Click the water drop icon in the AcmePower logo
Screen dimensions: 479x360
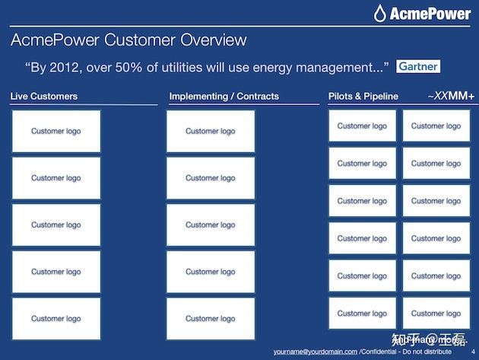pyautogui.click(x=379, y=13)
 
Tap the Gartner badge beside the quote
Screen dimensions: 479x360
pyautogui.click(x=418, y=66)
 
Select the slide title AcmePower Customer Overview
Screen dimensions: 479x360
pyautogui.click(x=128, y=40)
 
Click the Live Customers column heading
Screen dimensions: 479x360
pyautogui.click(x=44, y=97)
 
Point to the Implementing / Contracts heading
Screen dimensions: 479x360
pyautogui.click(x=224, y=97)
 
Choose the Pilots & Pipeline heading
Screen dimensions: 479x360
pyautogui.click(x=363, y=97)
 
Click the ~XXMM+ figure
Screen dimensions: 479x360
pyautogui.click(x=451, y=96)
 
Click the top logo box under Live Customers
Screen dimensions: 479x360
pyautogui.click(x=56, y=131)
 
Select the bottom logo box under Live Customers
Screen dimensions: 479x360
pyautogui.click(x=56, y=319)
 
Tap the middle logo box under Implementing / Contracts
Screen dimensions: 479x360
pyautogui.click(x=211, y=225)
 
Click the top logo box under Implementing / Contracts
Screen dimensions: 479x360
pyautogui.click(x=211, y=131)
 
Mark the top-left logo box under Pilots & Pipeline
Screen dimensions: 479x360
pyautogui.click(x=363, y=126)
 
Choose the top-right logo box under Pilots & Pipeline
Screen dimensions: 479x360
pyautogui.click(x=436, y=126)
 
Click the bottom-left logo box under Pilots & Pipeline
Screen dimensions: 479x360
pyautogui.click(x=363, y=314)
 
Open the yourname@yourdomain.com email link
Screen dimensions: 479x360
pyautogui.click(x=316, y=352)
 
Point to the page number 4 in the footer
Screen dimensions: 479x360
pyautogui.click(x=473, y=352)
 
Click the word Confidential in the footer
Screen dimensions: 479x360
pyautogui.click(x=379, y=352)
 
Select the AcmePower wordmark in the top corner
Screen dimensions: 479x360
pyautogui.click(x=430, y=14)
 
